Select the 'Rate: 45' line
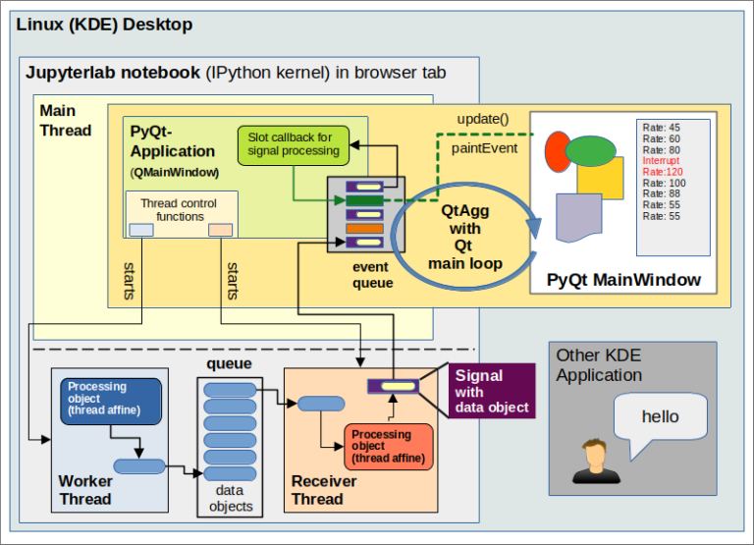tap(661, 127)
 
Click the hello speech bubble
tap(660, 417)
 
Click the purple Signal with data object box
tap(492, 391)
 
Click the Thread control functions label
tap(180, 209)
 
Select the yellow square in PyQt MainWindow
tap(600, 176)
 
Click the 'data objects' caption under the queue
tap(232, 498)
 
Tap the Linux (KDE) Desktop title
tap(103, 24)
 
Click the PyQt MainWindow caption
tap(623, 280)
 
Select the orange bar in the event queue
tap(364, 228)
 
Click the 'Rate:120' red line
tap(663, 172)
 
